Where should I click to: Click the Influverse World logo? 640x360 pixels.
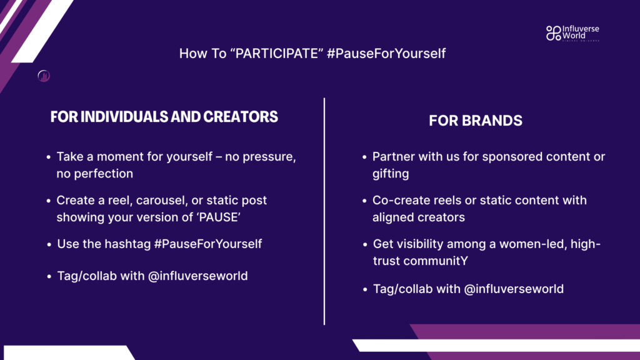pyautogui.click(x=572, y=33)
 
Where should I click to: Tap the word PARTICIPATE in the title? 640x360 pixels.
pyautogui.click(x=279, y=54)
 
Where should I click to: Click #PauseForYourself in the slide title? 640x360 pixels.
pyautogui.click(x=386, y=54)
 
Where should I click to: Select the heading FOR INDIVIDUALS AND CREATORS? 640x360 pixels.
pyautogui.click(x=164, y=117)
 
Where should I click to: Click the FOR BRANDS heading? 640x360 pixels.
pyautogui.click(x=476, y=121)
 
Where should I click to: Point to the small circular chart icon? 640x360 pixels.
pyautogui.click(x=44, y=76)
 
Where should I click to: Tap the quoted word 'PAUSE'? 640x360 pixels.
pyautogui.click(x=219, y=217)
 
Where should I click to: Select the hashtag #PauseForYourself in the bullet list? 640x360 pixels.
pyautogui.click(x=207, y=244)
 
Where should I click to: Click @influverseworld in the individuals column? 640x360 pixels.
pyautogui.click(x=197, y=276)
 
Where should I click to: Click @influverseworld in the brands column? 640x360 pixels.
pyautogui.click(x=514, y=289)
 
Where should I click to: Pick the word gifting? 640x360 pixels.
pyautogui.click(x=391, y=174)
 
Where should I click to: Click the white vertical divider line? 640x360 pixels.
pyautogui.click(x=324, y=211)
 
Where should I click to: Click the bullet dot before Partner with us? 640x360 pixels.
pyautogui.click(x=364, y=157)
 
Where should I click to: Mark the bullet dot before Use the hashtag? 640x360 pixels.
pyautogui.click(x=49, y=244)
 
